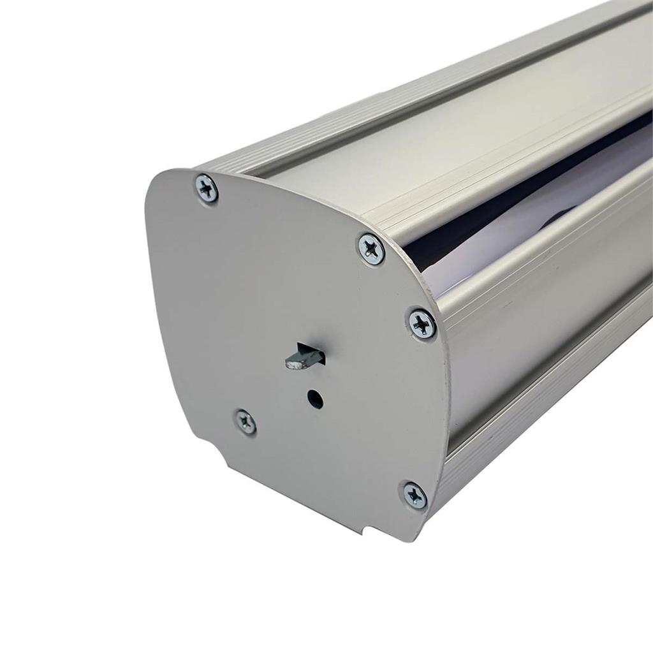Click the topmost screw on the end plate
206,189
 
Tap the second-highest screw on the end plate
371,248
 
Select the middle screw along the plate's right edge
422,323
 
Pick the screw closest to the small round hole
246,422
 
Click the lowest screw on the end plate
415,495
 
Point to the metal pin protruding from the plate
300,360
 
